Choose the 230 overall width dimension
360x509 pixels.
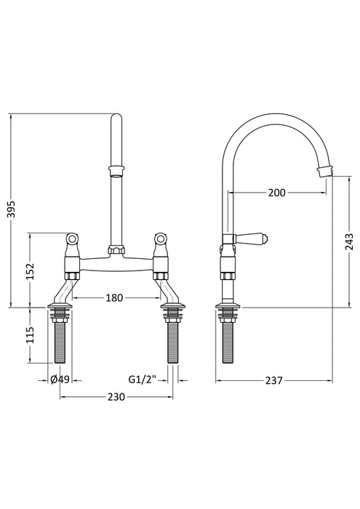pyautogui.click(x=116, y=397)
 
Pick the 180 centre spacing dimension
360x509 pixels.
pyautogui.click(x=116, y=297)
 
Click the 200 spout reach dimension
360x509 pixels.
pyautogui.click(x=276, y=193)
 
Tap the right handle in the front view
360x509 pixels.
pyautogui.click(x=159, y=239)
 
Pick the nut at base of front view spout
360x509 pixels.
pyautogui.click(x=115, y=251)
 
